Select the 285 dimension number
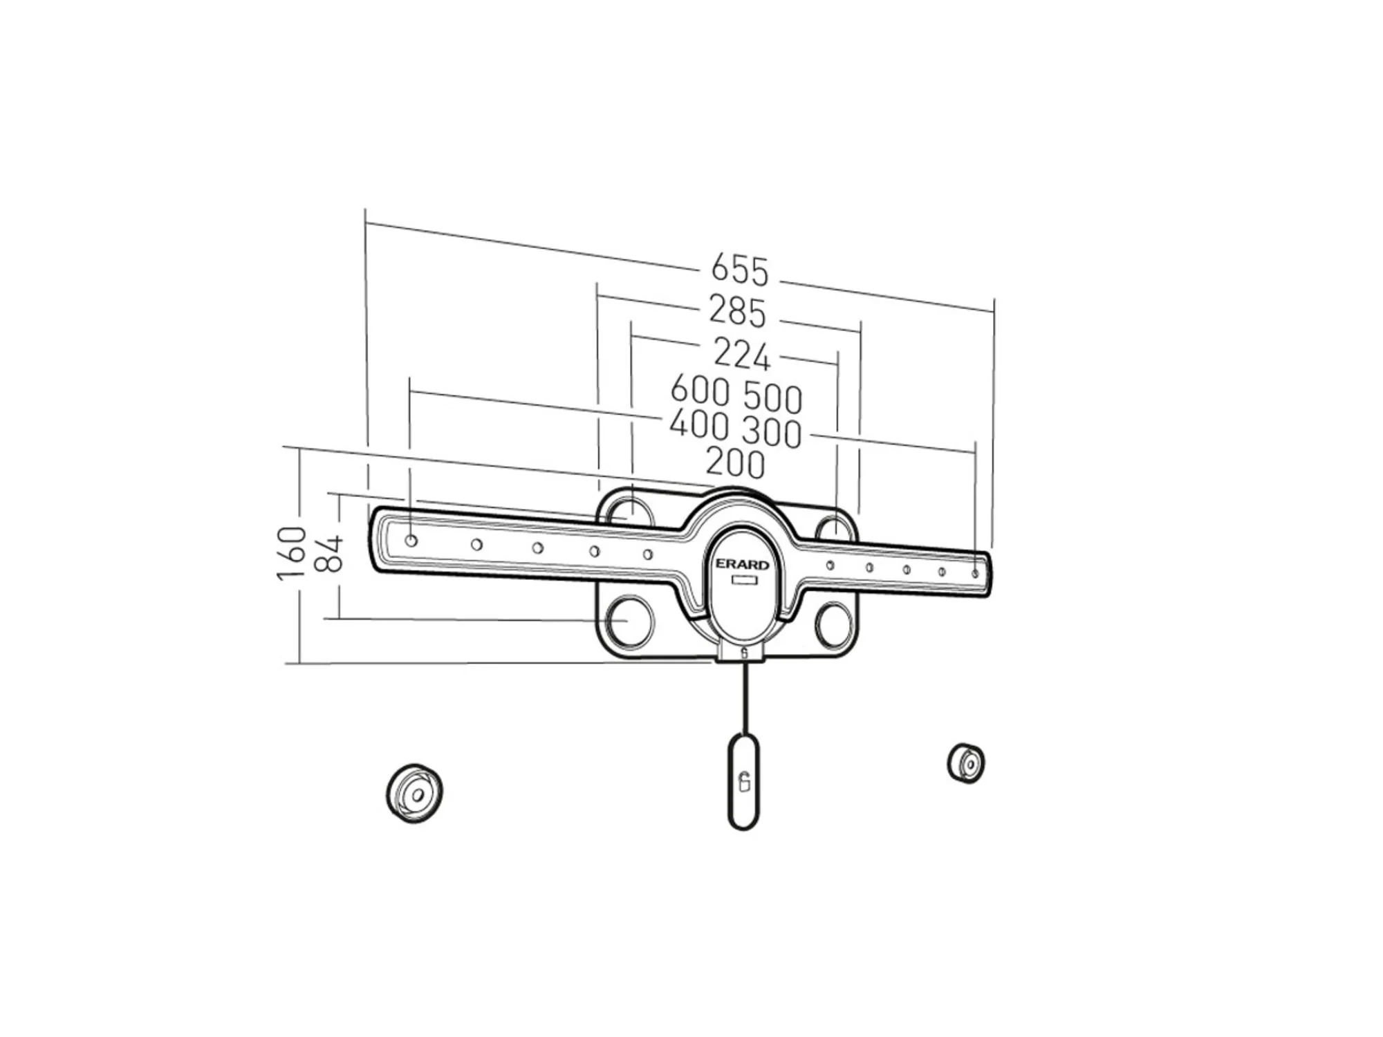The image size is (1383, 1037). [737, 312]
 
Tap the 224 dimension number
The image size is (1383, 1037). [741, 355]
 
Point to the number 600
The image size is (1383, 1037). [700, 391]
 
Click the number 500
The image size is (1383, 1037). [773, 398]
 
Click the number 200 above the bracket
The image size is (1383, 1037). [735, 463]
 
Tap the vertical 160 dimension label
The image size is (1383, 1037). [292, 553]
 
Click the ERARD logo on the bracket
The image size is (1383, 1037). [742, 565]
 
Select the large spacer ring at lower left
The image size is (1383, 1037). [414, 794]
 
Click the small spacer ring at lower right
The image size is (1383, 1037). [966, 763]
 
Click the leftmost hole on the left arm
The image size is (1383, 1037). [411, 541]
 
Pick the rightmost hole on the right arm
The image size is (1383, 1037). [975, 574]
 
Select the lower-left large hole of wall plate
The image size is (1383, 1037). [629, 621]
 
